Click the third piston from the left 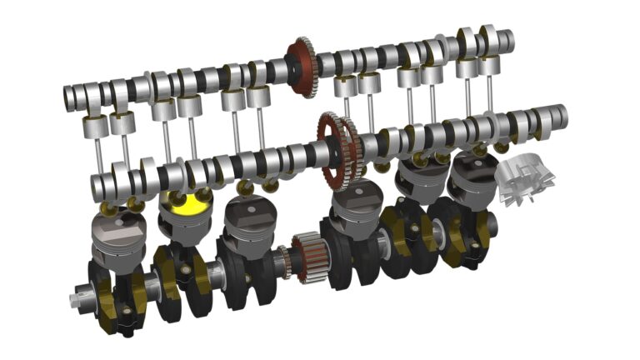tap(248, 219)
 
